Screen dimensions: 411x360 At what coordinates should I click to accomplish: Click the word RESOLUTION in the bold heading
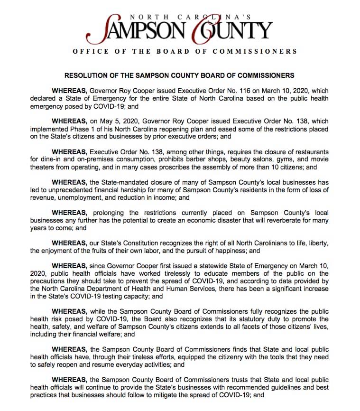88,75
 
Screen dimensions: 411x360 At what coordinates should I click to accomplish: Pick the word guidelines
283,387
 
